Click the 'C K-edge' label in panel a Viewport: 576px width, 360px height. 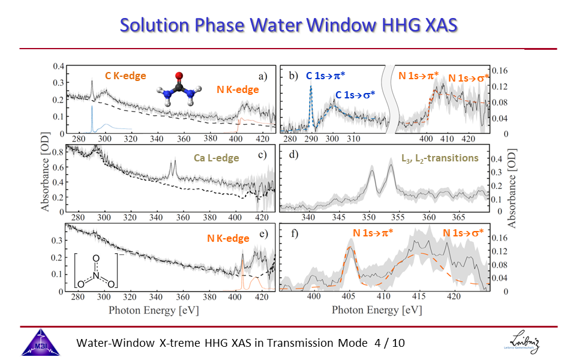pyautogui.click(x=125, y=76)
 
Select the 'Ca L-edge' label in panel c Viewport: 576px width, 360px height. pyautogui.click(x=217, y=158)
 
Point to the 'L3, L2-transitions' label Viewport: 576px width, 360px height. pyautogui.click(x=440, y=158)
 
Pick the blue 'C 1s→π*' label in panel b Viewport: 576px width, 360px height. pyautogui.click(x=329, y=76)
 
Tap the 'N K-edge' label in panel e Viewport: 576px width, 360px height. pyautogui.click(x=228, y=238)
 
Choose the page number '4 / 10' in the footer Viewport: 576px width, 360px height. pyautogui.click(x=389, y=343)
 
